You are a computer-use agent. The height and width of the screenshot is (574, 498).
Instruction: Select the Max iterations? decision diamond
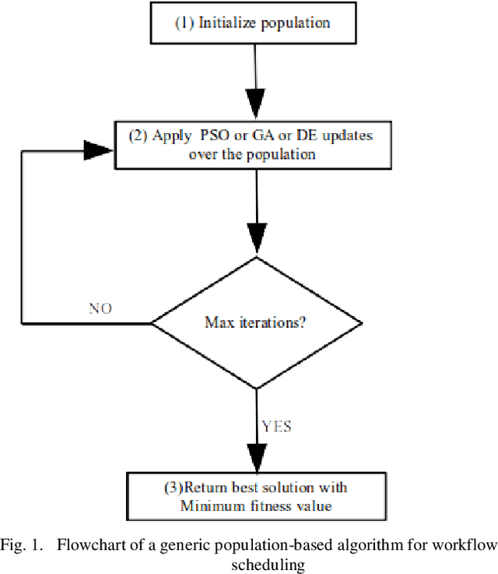[256, 321]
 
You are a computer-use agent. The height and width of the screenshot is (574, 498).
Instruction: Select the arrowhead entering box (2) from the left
[100, 151]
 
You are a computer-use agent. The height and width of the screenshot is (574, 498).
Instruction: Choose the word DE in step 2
[300, 136]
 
